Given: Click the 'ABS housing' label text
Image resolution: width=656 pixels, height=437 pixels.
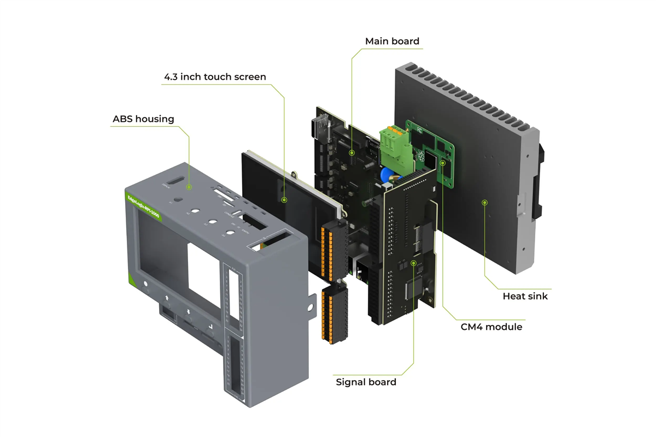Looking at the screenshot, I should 143,119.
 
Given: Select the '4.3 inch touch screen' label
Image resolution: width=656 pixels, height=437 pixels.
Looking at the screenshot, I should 215,77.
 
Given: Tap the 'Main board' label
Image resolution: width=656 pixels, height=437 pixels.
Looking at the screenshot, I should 392,42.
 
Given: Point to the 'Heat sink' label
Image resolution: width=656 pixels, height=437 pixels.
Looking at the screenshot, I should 525,296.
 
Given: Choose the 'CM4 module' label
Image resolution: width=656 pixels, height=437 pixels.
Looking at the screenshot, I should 491,327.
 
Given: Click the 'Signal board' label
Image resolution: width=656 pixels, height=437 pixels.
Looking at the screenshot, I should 366,382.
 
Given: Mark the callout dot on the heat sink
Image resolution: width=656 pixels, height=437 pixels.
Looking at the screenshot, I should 484,203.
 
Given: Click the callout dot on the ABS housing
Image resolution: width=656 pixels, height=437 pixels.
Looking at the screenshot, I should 189,187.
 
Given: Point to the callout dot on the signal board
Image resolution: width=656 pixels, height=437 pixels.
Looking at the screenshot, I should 414,263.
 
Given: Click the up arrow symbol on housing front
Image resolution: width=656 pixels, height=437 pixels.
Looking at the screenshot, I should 167,298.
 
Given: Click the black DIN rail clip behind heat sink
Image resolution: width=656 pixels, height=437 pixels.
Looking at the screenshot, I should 538,180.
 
